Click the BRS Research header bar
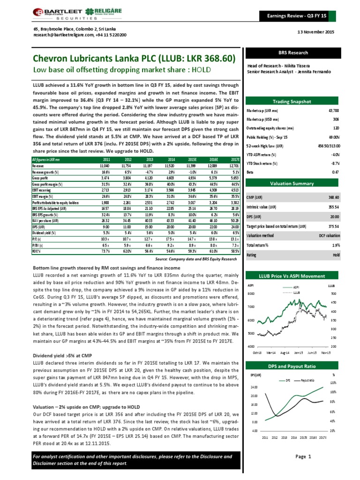pyautogui.click(x=298, y=53)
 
